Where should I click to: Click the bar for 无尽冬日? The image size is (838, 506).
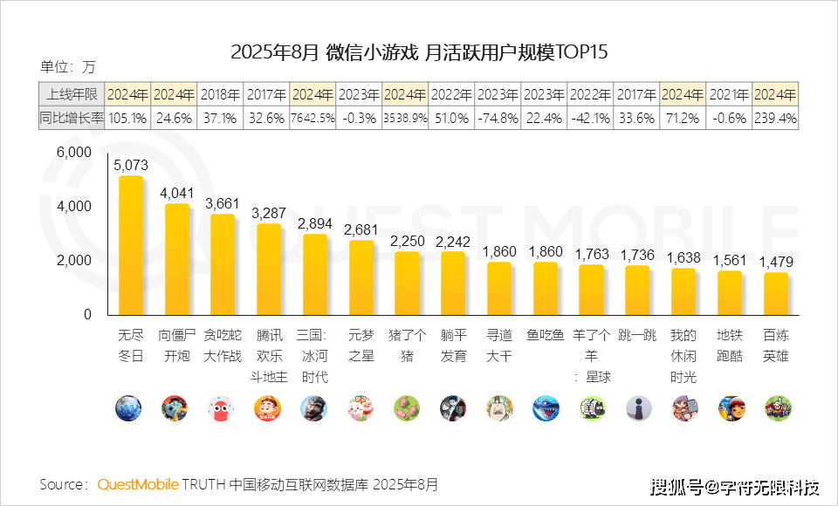pyautogui.click(x=130, y=245)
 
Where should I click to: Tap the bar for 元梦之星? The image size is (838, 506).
pyautogui.click(x=361, y=277)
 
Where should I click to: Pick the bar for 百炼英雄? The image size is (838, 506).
pyautogui.click(x=775, y=294)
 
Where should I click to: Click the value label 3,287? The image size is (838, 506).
pyautogui.click(x=268, y=212)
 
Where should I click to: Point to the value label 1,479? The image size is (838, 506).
pyautogui.click(x=775, y=262)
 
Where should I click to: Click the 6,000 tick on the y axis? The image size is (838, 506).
pyautogui.click(x=73, y=152)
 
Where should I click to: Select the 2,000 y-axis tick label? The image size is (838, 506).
pyautogui.click(x=73, y=261)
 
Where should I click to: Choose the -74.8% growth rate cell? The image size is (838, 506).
pyautogui.click(x=498, y=119)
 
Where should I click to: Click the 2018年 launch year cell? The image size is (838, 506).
pyautogui.click(x=220, y=94)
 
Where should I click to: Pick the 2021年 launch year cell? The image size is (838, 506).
pyautogui.click(x=729, y=94)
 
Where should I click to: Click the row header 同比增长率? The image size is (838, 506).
pyautogui.click(x=72, y=119)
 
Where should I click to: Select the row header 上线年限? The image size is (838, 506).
pyautogui.click(x=72, y=94)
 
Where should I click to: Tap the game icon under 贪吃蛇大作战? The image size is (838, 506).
pyautogui.click(x=222, y=408)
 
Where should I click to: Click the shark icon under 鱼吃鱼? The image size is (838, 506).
pyautogui.click(x=545, y=408)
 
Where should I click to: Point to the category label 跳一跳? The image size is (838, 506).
pyautogui.click(x=636, y=334)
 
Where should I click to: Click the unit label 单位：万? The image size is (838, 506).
pyautogui.click(x=68, y=66)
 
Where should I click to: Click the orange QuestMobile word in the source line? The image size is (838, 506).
pyautogui.click(x=138, y=484)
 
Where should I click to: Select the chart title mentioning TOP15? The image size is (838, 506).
pyautogui.click(x=419, y=51)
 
